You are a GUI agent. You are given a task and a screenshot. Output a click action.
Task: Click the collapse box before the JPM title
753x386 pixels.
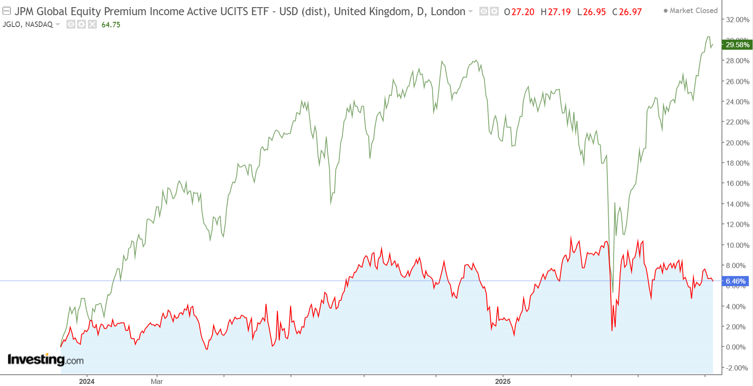coord(7,11)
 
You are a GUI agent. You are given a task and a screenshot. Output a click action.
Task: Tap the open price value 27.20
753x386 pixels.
coord(523,12)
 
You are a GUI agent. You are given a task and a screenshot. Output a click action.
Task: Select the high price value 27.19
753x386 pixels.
coord(559,12)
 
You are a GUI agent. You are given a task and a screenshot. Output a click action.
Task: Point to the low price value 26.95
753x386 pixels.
coord(594,12)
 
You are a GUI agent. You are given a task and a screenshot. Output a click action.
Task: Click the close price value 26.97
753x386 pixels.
coord(631,12)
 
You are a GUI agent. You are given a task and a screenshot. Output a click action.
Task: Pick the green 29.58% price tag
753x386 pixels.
coord(737,45)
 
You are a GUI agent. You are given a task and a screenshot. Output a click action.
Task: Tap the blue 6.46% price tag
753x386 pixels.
coord(735,281)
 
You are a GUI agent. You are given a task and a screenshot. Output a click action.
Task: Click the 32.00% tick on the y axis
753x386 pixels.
coord(737,20)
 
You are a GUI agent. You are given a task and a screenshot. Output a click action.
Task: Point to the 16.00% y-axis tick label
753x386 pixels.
coord(737,184)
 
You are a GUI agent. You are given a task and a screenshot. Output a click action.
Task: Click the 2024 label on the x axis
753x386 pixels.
coord(87,381)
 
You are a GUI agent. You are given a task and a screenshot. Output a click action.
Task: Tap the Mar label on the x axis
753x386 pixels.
coord(157,381)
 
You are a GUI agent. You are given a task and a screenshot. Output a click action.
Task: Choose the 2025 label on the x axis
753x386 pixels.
coord(503,381)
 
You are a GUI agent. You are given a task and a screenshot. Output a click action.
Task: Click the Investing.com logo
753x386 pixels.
coord(45,359)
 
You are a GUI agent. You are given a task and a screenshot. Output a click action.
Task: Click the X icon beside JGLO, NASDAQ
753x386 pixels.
coord(93,24)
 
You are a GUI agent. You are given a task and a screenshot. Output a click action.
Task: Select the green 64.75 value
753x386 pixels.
coord(111,25)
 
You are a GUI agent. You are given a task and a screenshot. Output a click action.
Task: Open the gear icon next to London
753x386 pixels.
coord(494,11)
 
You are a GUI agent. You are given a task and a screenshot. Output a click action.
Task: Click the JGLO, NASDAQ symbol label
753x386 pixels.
coord(28,24)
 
